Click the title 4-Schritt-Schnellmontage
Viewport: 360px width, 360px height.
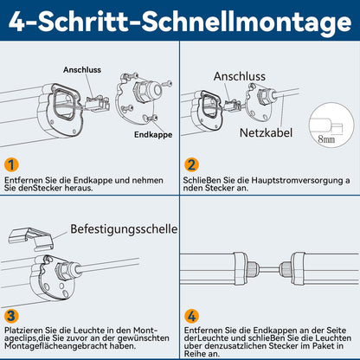coord(180,22)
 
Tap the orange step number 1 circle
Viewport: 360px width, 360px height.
coord(11,165)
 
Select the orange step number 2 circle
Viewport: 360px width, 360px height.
coord(191,165)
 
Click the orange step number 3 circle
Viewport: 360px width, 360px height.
coord(11,316)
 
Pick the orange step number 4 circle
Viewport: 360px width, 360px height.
coord(191,317)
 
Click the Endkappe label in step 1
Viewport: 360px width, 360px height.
coord(153,135)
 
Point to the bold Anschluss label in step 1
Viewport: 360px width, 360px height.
coord(82,70)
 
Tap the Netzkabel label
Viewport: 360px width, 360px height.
coord(266,132)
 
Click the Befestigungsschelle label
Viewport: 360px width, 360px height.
coord(124,229)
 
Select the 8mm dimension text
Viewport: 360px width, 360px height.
coord(326,139)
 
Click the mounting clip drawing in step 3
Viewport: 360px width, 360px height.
coord(31,237)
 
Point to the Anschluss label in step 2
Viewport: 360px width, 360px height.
coord(240,76)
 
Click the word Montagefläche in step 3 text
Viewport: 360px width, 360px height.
coord(27,345)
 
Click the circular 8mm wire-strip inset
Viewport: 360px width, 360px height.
coord(331,126)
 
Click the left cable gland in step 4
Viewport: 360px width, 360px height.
coord(253,270)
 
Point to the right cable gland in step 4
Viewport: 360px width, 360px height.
coord(286,270)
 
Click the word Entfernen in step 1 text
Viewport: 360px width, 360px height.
coord(23,181)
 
